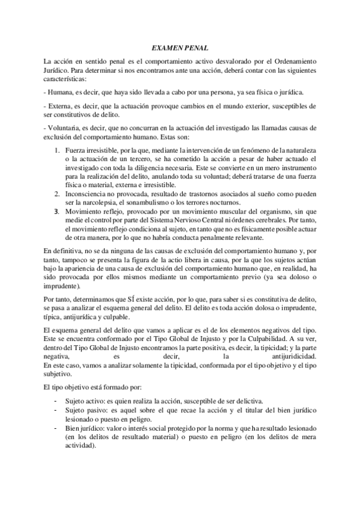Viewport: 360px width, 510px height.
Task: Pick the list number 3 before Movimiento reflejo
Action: click(x=56, y=212)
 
